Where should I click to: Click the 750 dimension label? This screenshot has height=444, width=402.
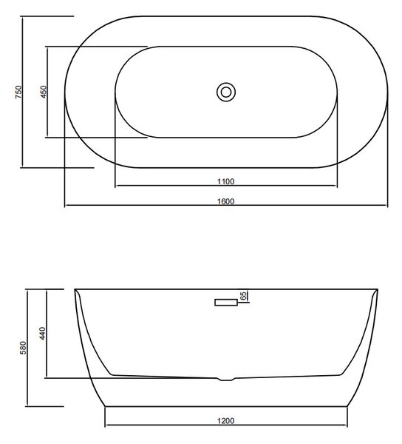coord(18,92)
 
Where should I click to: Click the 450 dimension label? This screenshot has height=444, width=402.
coord(44,92)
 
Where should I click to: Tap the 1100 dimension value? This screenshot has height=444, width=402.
coord(226,181)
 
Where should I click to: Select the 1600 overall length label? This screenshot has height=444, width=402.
coord(226,201)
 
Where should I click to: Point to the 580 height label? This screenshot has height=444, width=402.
coord(23,348)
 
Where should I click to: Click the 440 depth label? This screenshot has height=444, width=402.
coord(42,333)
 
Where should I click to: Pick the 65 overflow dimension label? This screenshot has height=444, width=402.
coord(243,295)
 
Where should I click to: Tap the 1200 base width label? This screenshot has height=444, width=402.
coord(226,421)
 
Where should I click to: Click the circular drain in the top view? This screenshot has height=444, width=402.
coord(226,92)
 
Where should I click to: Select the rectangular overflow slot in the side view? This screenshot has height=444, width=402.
coord(226,303)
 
